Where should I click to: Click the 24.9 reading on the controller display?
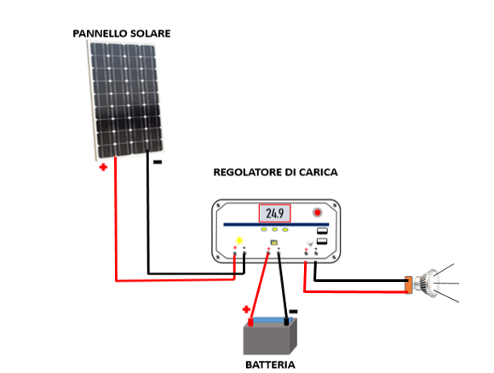(275, 213)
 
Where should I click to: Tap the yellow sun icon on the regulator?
(239, 240)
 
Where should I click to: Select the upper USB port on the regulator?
(322, 231)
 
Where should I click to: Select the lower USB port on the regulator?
(322, 242)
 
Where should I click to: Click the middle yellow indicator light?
(275, 230)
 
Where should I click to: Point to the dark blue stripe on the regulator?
(276, 225)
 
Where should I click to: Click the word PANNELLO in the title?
(100, 33)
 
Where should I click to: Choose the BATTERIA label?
(270, 364)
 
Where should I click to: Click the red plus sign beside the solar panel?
(103, 167)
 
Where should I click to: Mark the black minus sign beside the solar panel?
(158, 162)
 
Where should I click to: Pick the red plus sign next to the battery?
(246, 309)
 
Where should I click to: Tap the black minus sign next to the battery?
(293, 312)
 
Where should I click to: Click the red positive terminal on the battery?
(250, 322)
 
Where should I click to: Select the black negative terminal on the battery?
(286, 322)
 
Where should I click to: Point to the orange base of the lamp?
(408, 284)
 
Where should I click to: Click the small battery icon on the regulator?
(274, 243)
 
